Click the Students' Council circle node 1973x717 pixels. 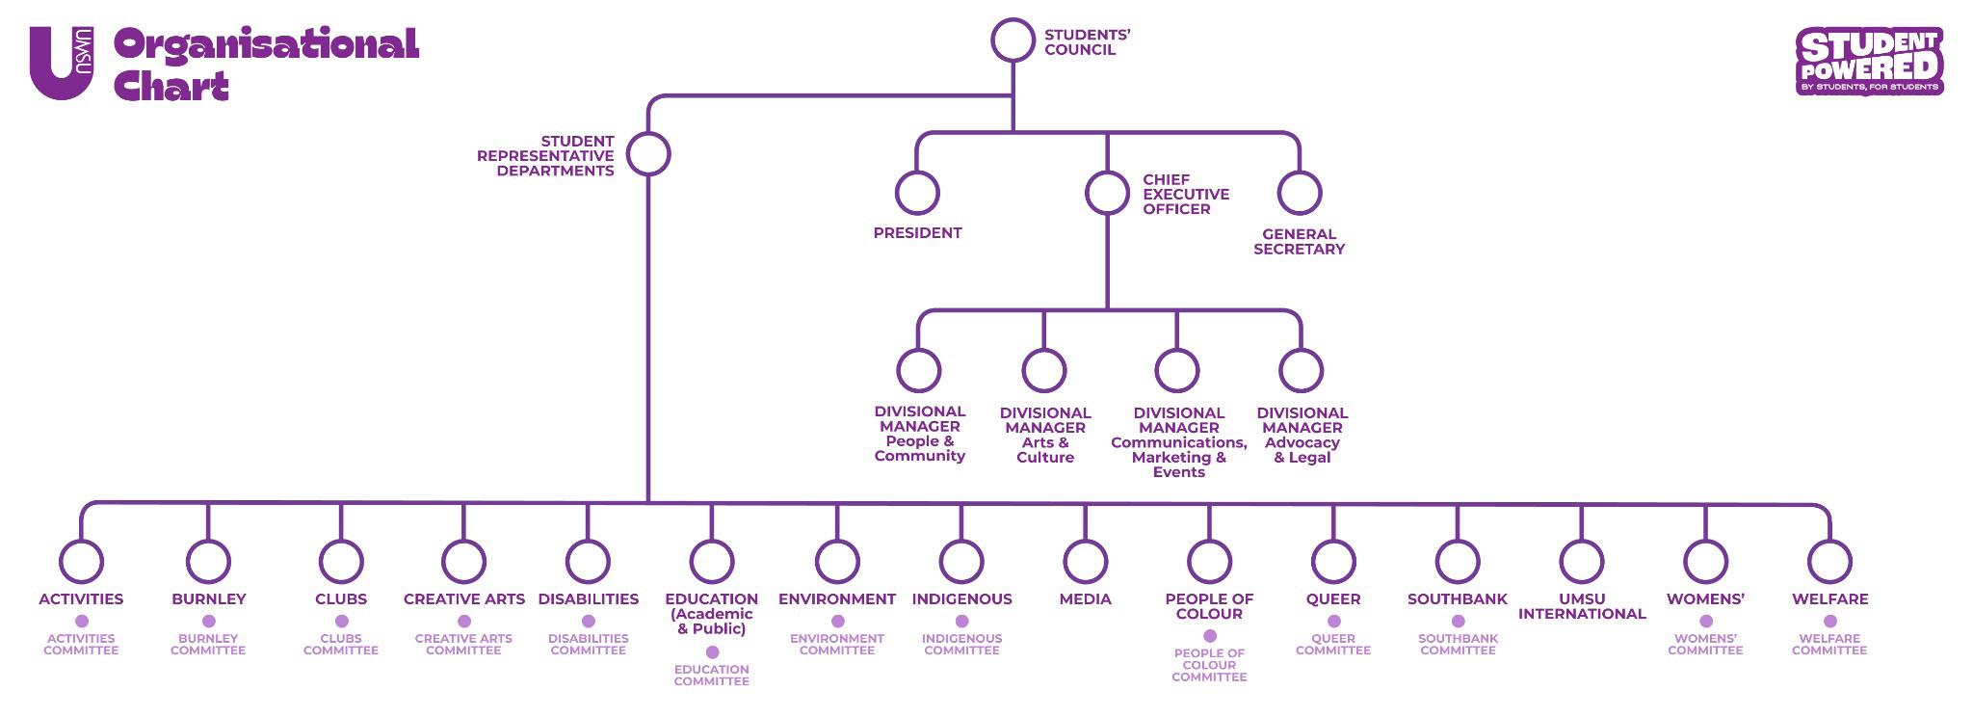tap(1013, 40)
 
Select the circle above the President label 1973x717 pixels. tap(917, 193)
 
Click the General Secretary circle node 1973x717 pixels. tap(1299, 193)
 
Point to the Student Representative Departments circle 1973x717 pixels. tap(648, 154)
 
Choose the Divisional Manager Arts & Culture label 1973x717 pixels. tap(1045, 435)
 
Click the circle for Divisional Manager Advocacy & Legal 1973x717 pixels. tap(1301, 370)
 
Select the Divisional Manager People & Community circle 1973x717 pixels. tap(918, 369)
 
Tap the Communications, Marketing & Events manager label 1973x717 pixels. tap(1178, 442)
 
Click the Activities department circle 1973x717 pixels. tap(81, 561)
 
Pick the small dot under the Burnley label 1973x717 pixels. tap(208, 622)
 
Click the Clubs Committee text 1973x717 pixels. tap(341, 645)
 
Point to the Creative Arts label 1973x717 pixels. tap(464, 599)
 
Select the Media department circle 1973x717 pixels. tap(1085, 561)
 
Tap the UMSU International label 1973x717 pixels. tap(1582, 606)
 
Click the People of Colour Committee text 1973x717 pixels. tap(1209, 665)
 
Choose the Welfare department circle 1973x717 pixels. tap(1829, 561)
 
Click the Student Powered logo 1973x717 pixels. tap(1869, 62)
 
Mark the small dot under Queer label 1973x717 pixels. tap(1333, 622)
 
